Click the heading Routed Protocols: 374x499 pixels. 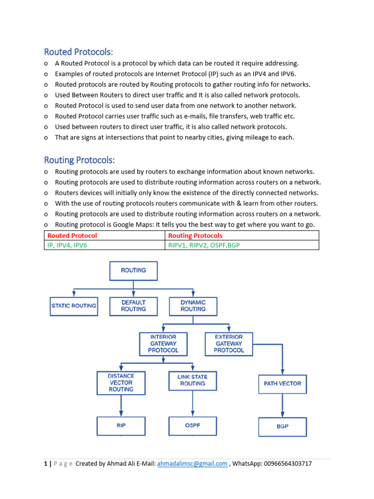coord(78,52)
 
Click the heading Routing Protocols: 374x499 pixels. coord(79,160)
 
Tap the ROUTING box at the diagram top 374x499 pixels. coord(133,270)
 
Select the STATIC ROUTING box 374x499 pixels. coord(74,306)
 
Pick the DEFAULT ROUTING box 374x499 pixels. coord(133,306)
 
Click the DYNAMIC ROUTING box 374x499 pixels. coord(193,306)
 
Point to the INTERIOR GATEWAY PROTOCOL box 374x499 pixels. coord(163,344)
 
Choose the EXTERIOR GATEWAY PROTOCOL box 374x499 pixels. coord(229,344)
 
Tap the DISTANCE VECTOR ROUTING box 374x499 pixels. coord(121,383)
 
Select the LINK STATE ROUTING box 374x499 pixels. coord(193,381)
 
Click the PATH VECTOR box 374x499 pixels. coord(282,384)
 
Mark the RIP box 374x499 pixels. coord(121,425)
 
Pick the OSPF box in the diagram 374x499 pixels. coord(193,425)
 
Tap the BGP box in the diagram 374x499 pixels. coord(282,426)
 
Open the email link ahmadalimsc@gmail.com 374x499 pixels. coord(192,464)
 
